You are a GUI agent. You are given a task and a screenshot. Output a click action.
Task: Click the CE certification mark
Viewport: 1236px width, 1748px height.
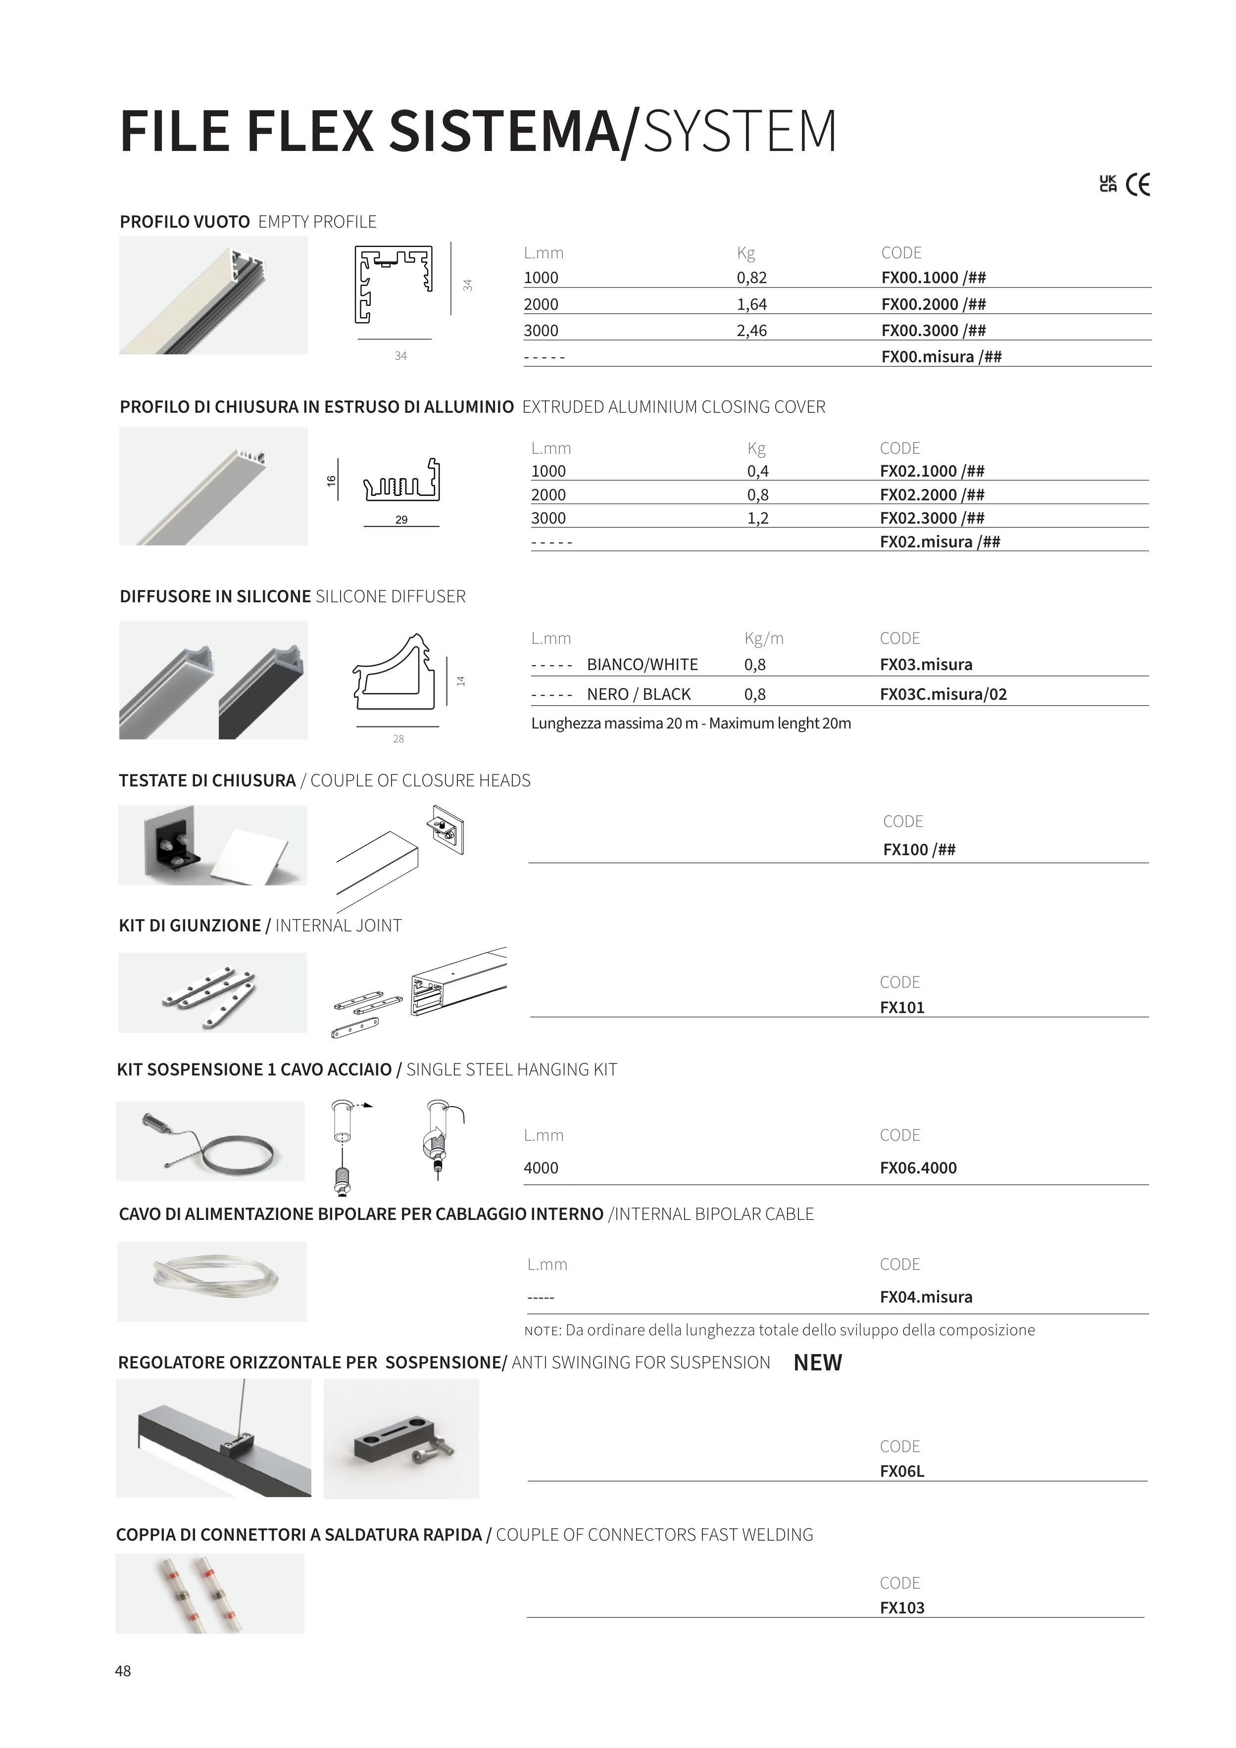pyautogui.click(x=1138, y=185)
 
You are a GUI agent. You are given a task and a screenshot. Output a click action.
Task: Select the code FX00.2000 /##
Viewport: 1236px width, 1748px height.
pyautogui.click(x=933, y=304)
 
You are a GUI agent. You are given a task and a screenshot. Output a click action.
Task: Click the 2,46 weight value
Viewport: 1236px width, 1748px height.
pyautogui.click(x=752, y=331)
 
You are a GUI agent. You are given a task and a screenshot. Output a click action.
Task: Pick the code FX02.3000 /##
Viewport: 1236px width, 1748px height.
pyautogui.click(x=932, y=519)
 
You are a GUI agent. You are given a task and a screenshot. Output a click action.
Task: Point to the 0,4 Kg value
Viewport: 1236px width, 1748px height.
pyautogui.click(x=758, y=471)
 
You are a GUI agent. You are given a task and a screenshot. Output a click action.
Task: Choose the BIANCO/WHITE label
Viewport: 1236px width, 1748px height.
pyautogui.click(x=642, y=665)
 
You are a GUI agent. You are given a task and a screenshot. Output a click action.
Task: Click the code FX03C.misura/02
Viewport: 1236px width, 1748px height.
pyautogui.click(x=943, y=694)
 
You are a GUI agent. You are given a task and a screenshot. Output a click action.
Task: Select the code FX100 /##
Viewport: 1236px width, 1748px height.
pyautogui.click(x=918, y=850)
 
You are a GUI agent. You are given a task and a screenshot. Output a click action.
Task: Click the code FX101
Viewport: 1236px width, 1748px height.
pyautogui.click(x=902, y=1007)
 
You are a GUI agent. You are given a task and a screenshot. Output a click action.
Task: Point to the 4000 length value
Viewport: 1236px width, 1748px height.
pyautogui.click(x=541, y=1168)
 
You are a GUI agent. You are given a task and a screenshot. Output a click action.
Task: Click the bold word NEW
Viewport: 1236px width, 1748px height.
pyautogui.click(x=817, y=1363)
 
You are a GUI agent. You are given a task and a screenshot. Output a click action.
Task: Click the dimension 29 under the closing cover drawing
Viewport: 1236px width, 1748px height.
pyautogui.click(x=401, y=520)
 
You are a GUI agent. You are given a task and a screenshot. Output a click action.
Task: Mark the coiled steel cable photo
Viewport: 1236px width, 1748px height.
pyautogui.click(x=211, y=1141)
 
